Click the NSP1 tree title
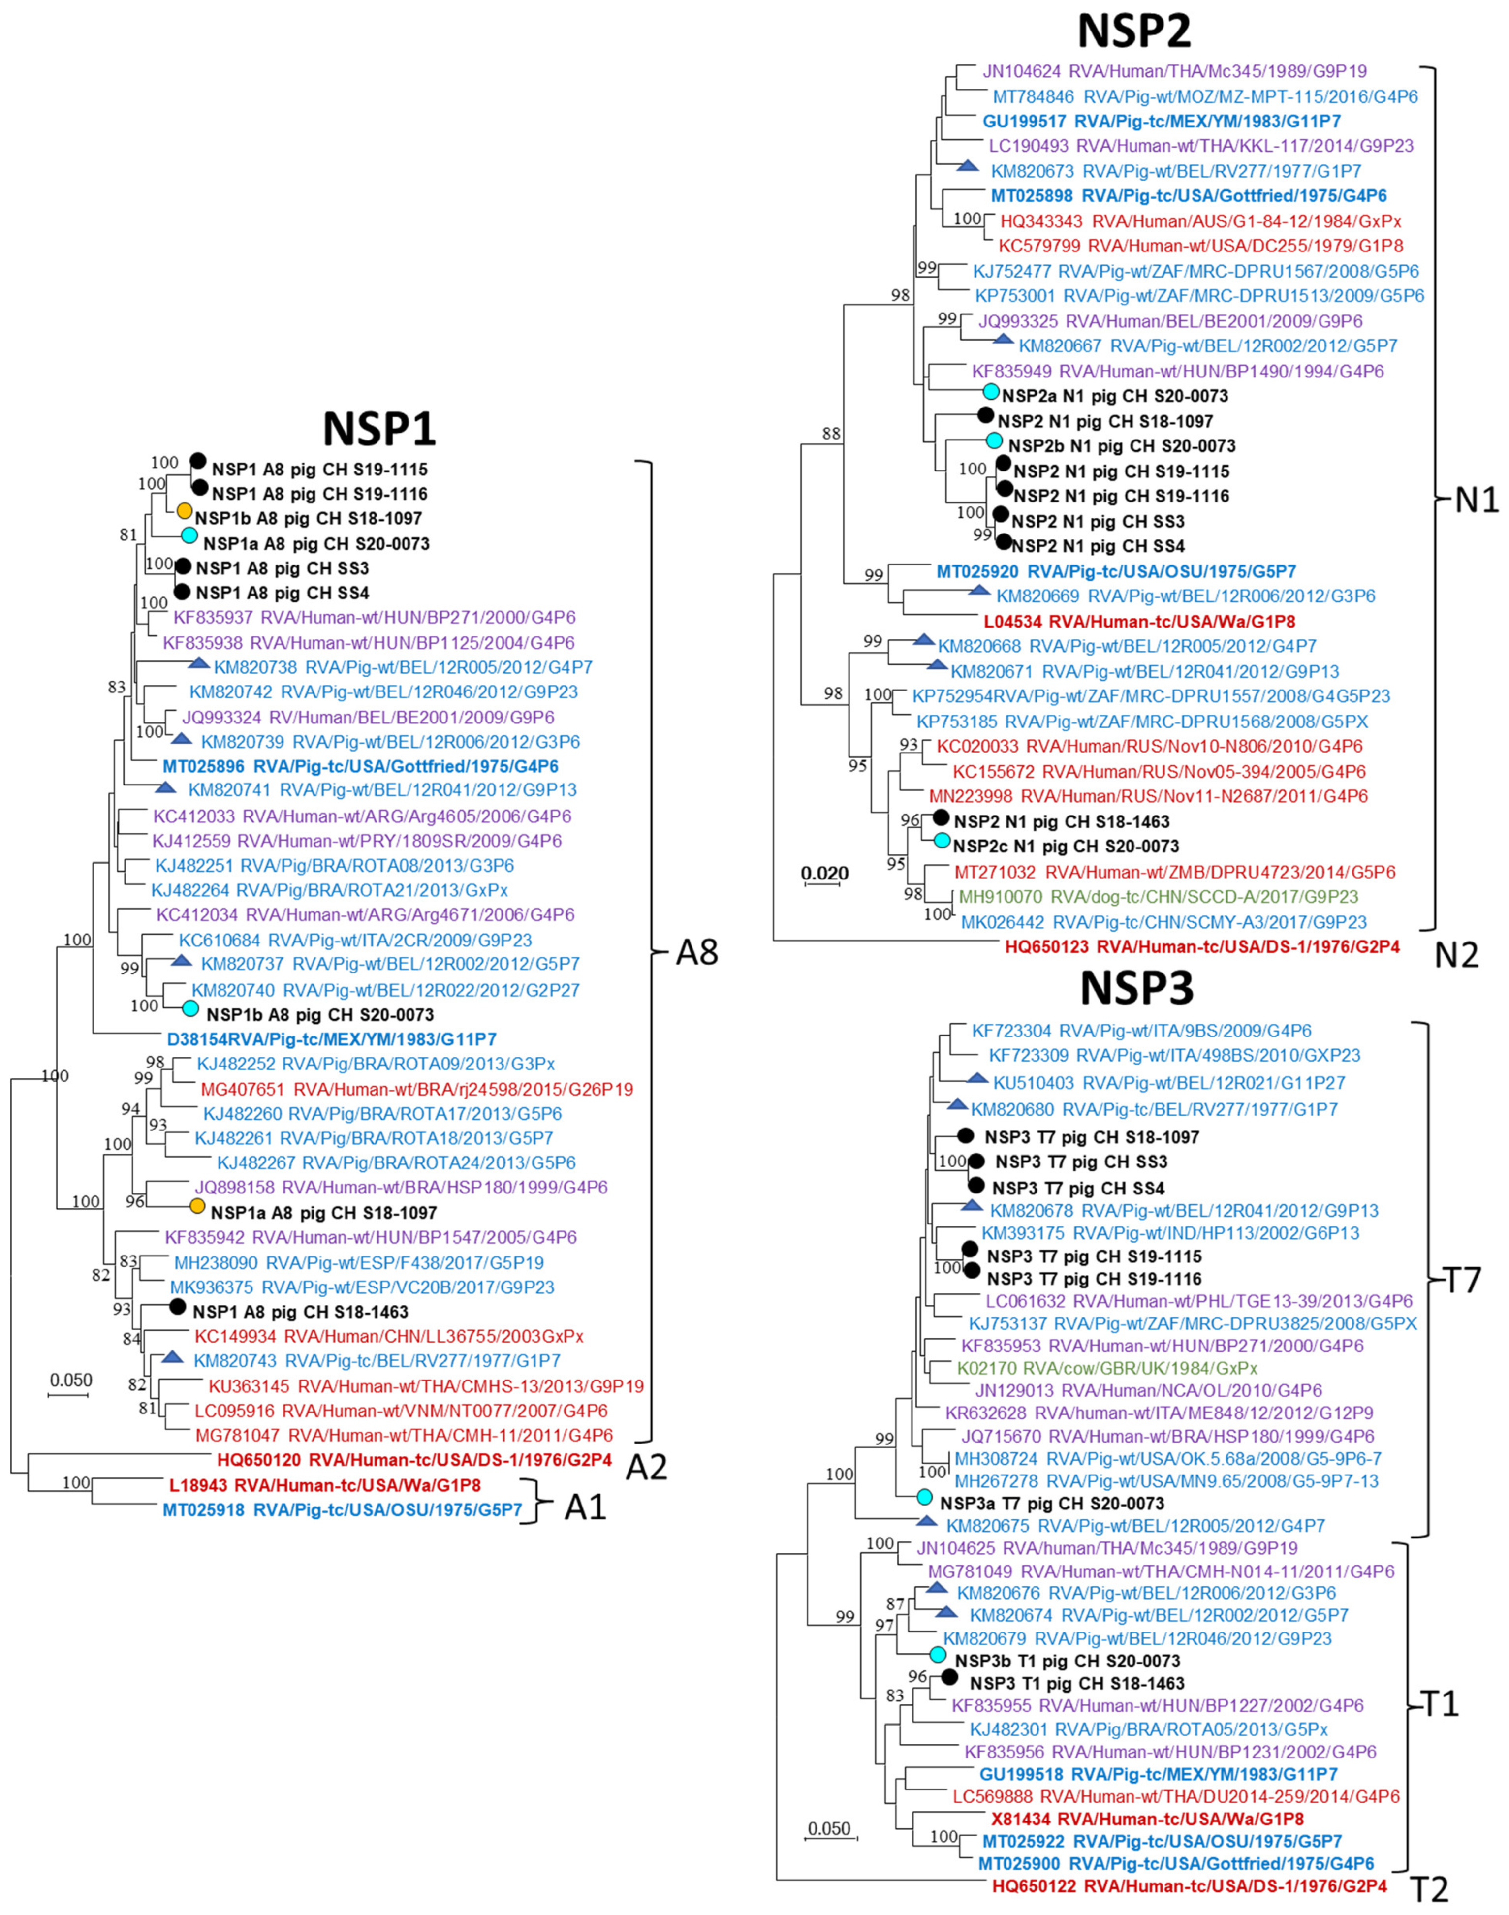(380, 430)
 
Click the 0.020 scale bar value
(824, 874)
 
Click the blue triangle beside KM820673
(969, 166)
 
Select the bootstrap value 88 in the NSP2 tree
(831, 434)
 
